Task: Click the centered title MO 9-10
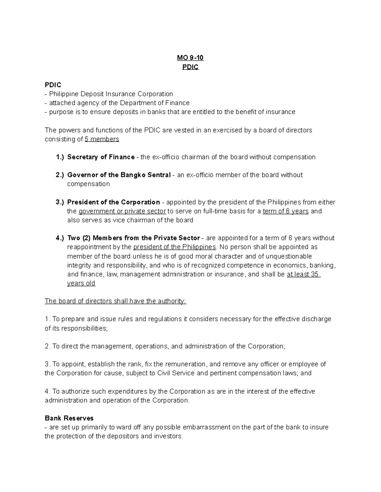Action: click(190, 58)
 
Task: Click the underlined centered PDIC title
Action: click(190, 67)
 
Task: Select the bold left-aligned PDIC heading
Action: click(53, 85)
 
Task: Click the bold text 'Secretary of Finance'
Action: click(101, 157)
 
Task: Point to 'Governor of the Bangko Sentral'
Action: click(119, 175)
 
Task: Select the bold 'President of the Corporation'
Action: click(114, 202)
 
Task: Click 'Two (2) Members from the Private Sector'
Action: click(134, 238)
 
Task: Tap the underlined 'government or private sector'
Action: click(122, 211)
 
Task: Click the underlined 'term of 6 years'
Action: click(286, 211)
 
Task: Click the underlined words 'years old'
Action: click(81, 283)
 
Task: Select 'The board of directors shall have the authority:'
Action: click(116, 301)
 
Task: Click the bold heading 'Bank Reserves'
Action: click(69, 418)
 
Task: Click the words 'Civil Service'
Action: click(176, 373)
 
